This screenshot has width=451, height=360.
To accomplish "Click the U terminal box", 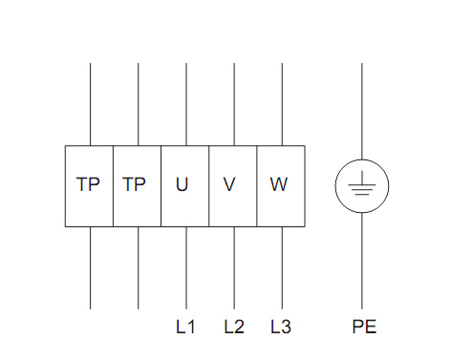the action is pos(184,186).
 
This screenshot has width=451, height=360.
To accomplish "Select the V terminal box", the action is pos(233,186).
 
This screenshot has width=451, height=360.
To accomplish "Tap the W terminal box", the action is pos(281,186).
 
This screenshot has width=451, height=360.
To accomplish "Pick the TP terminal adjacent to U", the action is pos(137,186).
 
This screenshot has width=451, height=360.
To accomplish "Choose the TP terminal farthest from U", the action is pos(89,186).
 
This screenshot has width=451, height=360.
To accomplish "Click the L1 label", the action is pos(185,327).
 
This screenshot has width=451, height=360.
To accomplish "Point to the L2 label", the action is pos(234,327).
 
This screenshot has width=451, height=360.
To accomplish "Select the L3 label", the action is pos(281,327).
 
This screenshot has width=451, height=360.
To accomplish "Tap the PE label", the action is pos(364,327).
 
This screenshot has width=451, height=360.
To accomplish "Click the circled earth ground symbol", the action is pos(362,186).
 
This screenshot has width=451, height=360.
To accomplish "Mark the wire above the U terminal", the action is pos(186,104).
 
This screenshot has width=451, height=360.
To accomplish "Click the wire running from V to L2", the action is pos(234,268).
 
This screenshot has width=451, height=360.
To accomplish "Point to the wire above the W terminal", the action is pos(282,104).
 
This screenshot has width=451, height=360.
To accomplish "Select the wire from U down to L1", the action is pos(186,268).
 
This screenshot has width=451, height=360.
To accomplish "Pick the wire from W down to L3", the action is pos(282,268).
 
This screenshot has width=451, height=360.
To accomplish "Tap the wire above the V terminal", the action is pos(234,104).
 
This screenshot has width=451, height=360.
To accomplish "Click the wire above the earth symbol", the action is pos(362,112).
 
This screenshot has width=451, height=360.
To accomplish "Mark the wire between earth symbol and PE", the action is pos(362,261).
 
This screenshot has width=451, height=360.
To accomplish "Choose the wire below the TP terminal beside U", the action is pos(138,268).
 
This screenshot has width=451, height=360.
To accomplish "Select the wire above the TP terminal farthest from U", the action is pos(90,104).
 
